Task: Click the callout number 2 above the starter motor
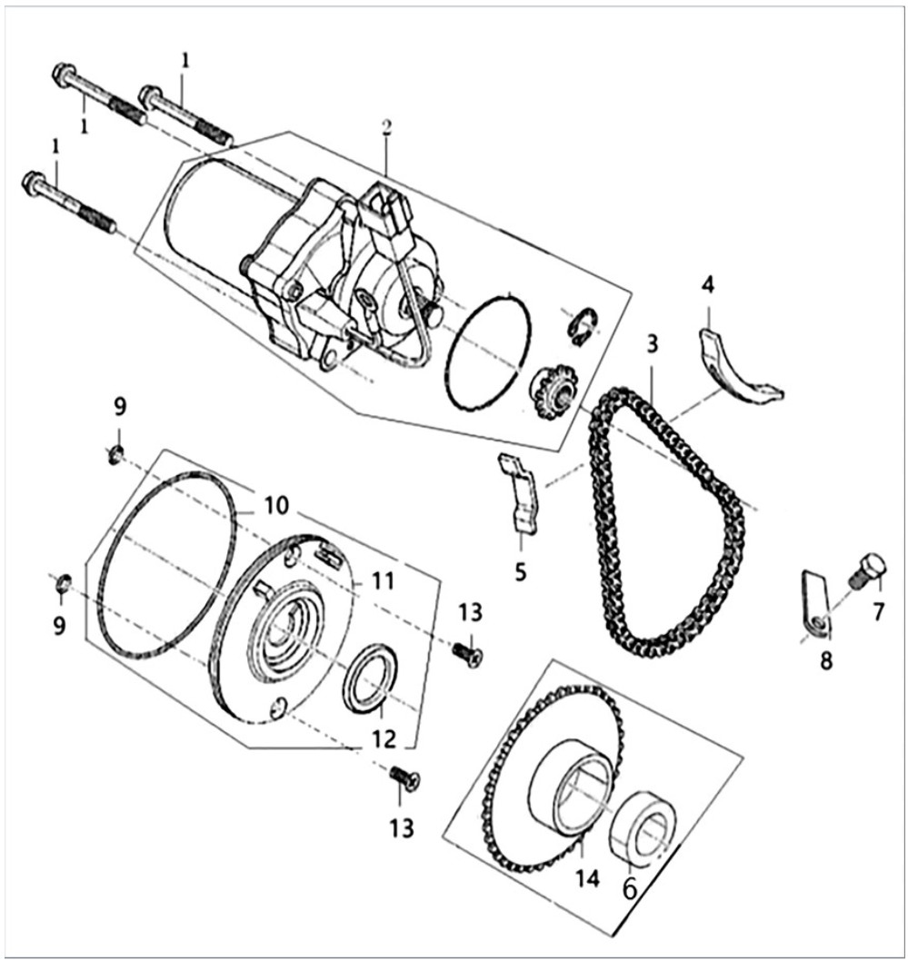(x=386, y=127)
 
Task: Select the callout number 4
(x=708, y=284)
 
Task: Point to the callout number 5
(x=520, y=572)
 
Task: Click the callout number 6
(x=630, y=889)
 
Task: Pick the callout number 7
(x=879, y=611)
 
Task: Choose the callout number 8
(x=826, y=660)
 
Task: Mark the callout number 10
(x=275, y=506)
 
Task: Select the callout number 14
(x=586, y=878)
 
